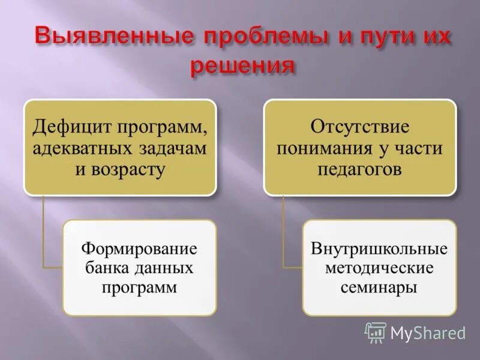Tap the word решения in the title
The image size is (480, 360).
tap(243, 66)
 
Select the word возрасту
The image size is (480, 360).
tap(128, 169)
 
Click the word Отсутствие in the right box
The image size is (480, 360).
tap(359, 127)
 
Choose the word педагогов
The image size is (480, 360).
tap(359, 169)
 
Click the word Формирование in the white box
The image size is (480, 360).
tap(139, 248)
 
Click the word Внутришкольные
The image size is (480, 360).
tap(379, 248)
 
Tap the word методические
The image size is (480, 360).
tap(379, 267)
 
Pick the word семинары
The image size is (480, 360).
tap(379, 287)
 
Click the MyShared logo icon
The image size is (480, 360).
tap(376, 332)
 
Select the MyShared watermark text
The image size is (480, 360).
tap(428, 333)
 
